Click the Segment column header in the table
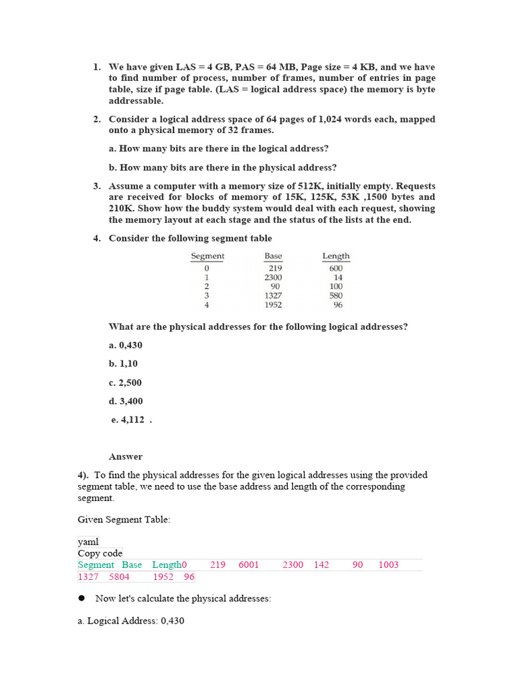coord(207,256)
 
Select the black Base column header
coord(273,256)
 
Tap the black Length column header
coord(336,256)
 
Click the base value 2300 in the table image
coord(273,277)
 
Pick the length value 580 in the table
coord(336,296)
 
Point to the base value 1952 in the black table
coord(273,305)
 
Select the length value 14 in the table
coord(338,277)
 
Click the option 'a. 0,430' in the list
coord(125,345)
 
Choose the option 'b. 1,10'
coord(123,364)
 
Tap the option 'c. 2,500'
coord(125,383)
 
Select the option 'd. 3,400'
coord(126,401)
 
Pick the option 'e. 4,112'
coord(128,420)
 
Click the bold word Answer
coord(126,457)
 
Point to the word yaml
coord(88,543)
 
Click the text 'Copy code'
coord(100,553)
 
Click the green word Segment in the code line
coord(96,565)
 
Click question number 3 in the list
coord(97,186)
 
